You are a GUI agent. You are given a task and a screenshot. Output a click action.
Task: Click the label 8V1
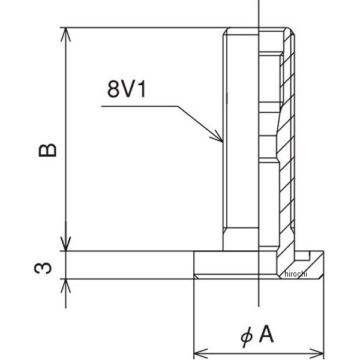pos(127,89)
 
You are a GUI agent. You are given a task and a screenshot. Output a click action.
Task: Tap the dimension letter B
pos(47,150)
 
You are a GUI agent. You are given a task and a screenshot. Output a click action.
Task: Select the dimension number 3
pos(43,268)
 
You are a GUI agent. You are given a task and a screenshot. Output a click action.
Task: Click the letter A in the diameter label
pos(266,334)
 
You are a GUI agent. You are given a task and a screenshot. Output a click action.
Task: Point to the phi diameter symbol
pos(247,337)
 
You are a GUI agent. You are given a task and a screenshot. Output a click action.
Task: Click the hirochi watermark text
pos(296,274)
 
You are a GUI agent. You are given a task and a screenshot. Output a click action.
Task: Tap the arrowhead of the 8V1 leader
pos(217,137)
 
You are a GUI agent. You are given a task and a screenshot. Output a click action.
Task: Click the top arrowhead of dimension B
pos(65,34)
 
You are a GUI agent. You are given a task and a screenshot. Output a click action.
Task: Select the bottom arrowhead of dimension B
pos(65,244)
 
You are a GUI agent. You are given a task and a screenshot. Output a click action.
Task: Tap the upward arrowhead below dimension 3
pos(65,286)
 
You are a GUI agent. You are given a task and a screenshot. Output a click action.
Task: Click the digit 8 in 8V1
pos(113,89)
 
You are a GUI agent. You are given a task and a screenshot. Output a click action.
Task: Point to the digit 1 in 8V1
pos(142,89)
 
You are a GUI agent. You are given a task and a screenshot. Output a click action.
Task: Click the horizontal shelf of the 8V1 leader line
pos(140,106)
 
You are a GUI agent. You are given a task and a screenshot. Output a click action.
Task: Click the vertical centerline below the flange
pos(259,293)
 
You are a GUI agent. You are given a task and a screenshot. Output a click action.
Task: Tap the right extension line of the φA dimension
pos(324,305)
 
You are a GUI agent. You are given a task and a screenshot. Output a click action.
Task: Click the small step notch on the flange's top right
pos(302,256)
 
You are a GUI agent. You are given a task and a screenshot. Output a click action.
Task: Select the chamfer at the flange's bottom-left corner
pos(196,277)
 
